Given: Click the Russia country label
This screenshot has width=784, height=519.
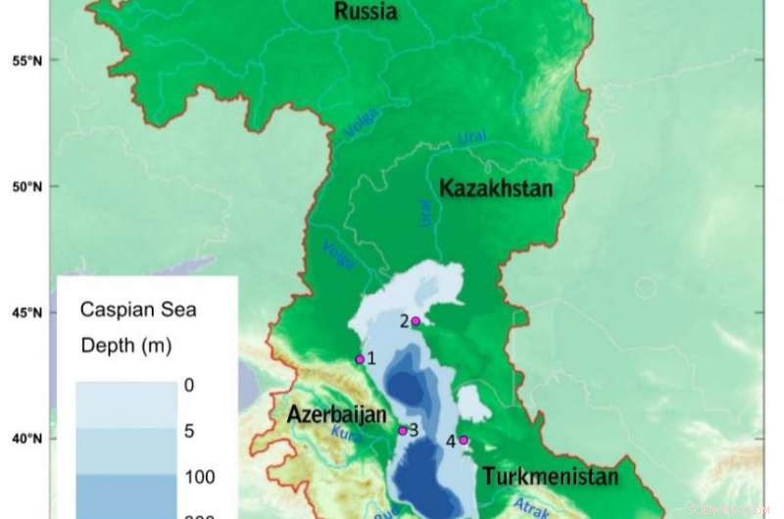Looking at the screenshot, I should tap(366, 13).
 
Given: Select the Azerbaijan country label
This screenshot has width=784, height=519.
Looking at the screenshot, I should tap(332, 414).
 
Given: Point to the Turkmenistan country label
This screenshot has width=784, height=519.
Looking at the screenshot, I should tap(550, 477).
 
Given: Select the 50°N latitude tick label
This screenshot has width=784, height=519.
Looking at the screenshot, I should tap(25, 186).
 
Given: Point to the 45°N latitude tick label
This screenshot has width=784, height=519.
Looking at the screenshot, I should tap(25, 313).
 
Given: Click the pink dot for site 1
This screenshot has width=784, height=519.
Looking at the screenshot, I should tap(360, 359).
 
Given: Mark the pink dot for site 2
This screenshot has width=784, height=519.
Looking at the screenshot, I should tap(416, 321).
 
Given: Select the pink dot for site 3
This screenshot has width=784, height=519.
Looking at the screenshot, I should tap(402, 430).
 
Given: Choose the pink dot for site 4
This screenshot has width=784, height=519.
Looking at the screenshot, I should tap(464, 440).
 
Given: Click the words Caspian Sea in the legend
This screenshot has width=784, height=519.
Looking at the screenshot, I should tap(138, 311).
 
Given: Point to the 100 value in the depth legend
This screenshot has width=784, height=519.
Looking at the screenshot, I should tap(199, 477).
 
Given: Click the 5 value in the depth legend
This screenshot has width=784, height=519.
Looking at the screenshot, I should tap(189, 430).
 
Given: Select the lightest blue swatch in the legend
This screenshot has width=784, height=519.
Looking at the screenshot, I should tap(125, 404).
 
